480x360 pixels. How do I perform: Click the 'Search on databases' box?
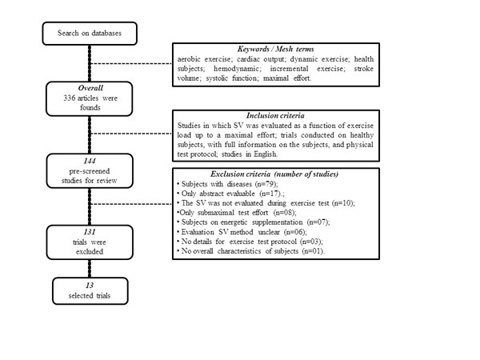(x=90, y=34)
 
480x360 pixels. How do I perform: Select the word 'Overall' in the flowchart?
(x=90, y=88)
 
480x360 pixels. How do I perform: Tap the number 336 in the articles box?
(x=69, y=98)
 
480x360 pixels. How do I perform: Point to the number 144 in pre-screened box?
(x=90, y=161)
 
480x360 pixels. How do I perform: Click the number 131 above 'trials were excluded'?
(x=90, y=232)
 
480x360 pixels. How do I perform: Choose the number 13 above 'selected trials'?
(x=90, y=286)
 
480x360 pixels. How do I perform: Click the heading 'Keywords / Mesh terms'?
(x=275, y=49)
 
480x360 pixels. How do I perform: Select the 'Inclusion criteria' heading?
(x=275, y=115)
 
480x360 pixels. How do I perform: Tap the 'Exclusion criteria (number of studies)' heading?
(x=274, y=174)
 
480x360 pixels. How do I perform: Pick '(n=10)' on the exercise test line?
(x=343, y=203)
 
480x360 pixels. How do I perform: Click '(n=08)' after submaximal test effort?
(x=284, y=213)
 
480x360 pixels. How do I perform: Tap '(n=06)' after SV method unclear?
(x=294, y=232)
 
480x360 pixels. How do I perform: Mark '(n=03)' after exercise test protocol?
(x=310, y=242)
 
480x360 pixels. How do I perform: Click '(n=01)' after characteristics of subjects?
(x=313, y=251)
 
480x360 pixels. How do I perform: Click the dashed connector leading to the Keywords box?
(x=132, y=64)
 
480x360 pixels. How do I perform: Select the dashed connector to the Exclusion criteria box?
(x=132, y=204)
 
